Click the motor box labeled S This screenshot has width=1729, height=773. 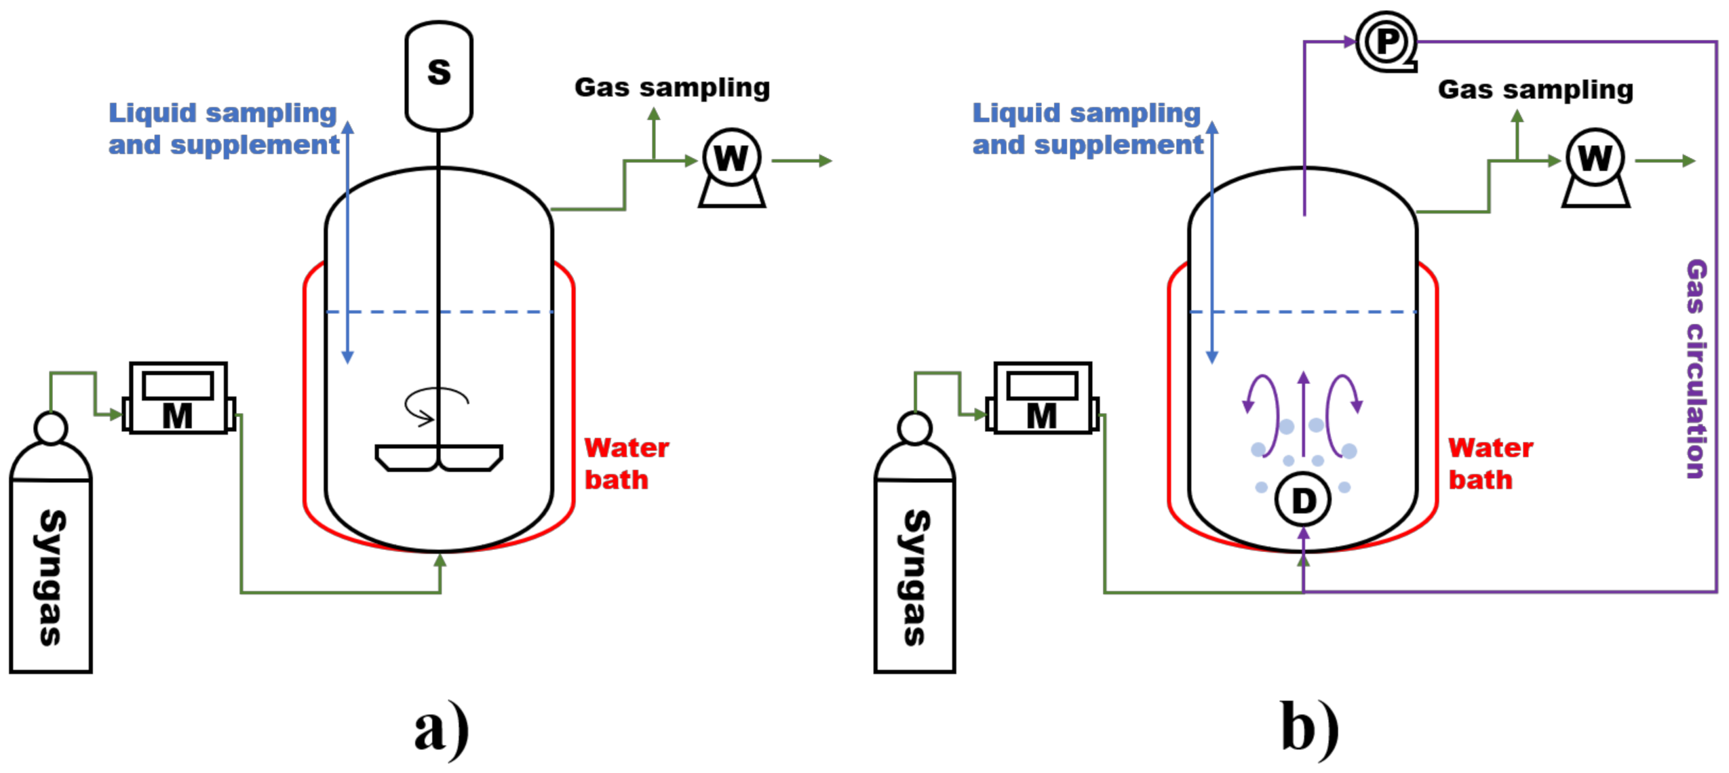pyautogui.click(x=438, y=75)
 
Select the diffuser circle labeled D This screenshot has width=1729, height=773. pyautogui.click(x=1302, y=500)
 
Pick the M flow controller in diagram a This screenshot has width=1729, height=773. pyautogui.click(x=178, y=398)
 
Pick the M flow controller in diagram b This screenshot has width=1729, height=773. pyautogui.click(x=1041, y=398)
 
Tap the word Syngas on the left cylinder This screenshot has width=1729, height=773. pyautogui.click(x=50, y=576)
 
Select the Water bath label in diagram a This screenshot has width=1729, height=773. pyautogui.click(x=625, y=464)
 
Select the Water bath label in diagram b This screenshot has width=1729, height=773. pyautogui.click(x=1489, y=464)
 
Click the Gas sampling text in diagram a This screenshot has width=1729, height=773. pyautogui.click(x=672, y=87)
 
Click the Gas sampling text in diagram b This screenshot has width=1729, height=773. pyautogui.click(x=1534, y=90)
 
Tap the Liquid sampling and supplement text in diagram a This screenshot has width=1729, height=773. pyautogui.click(x=223, y=129)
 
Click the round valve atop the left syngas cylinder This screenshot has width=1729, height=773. pyautogui.click(x=50, y=429)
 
